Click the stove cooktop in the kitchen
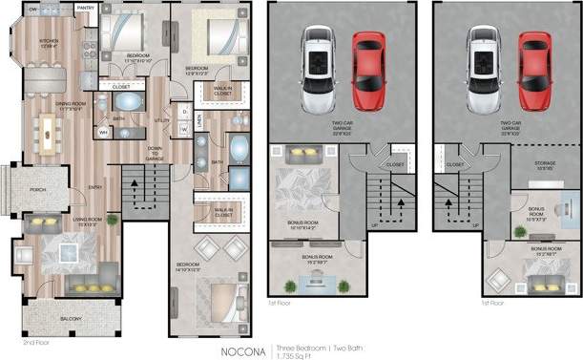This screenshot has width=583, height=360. point(89,45)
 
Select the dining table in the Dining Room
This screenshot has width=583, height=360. point(48,131)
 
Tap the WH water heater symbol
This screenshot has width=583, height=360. point(103,133)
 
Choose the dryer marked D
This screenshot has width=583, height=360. point(183,113)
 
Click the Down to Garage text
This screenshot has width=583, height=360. point(155,154)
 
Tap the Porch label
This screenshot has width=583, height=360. point(38,189)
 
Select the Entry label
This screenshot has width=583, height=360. point(95,186)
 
